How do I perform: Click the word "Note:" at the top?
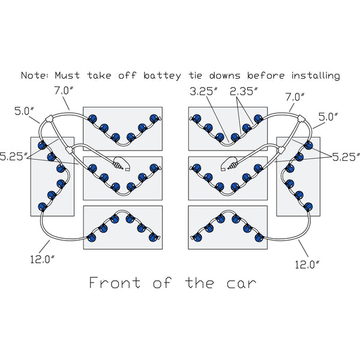click(35, 76)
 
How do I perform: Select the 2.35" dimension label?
click(244, 92)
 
